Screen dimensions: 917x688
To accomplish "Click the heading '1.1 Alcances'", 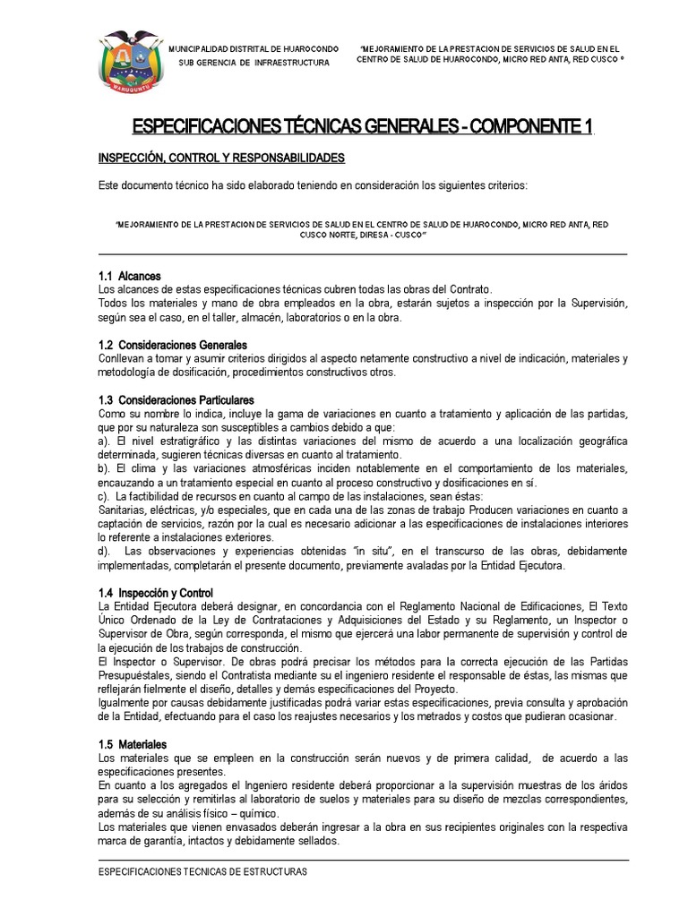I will (x=130, y=276).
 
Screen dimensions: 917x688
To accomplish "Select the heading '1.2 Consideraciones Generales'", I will (x=172, y=345).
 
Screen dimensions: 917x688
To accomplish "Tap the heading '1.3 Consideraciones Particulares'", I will (x=176, y=399).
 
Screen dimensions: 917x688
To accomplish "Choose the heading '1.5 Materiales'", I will (x=132, y=744).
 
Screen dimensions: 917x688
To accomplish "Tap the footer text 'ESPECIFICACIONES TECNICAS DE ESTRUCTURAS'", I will (x=202, y=871).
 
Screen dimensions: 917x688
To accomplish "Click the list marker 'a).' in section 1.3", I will (x=104, y=442).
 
